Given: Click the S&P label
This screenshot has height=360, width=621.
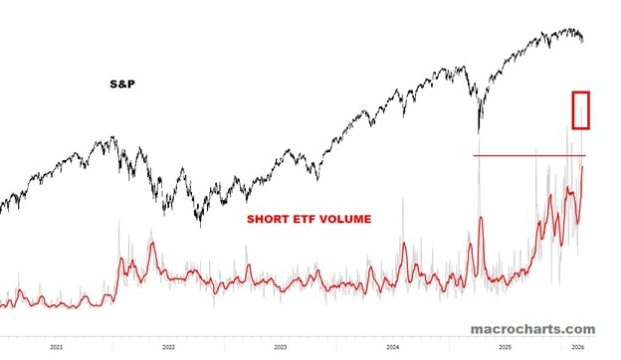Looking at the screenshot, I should [121, 87].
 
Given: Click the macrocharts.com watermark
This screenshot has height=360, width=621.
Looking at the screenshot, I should [533, 329].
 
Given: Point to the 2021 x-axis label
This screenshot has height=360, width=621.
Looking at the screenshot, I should [57, 347].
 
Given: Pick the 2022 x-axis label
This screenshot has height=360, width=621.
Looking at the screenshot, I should [169, 347].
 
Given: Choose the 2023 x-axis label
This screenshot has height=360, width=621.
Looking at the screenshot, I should [282, 347].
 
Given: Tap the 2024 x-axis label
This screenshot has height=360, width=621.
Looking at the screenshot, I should [394, 347].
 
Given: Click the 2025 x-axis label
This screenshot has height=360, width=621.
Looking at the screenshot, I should [506, 347].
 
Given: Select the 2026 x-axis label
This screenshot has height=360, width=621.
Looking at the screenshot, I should [576, 347].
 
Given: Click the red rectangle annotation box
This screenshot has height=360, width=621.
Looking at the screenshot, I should [581, 109].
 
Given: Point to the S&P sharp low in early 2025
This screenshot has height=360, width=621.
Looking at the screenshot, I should [479, 131].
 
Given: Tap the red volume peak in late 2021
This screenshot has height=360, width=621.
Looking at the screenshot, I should [152, 243].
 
